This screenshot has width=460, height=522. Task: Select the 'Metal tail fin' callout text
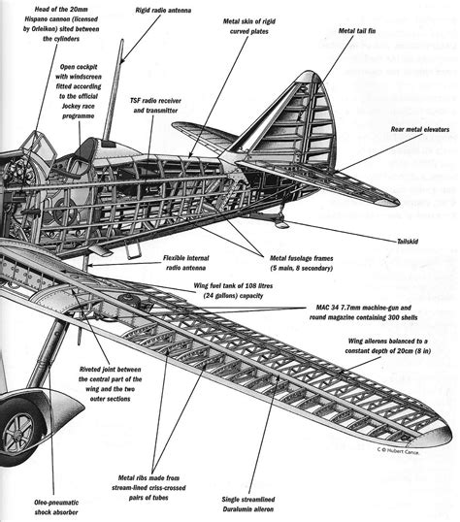coord(370,31)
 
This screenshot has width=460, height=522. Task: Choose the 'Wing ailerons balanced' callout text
coord(398,350)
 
